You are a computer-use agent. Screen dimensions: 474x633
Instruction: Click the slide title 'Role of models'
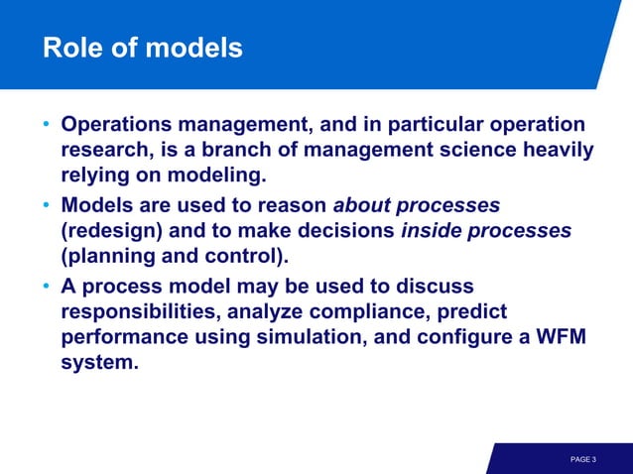click(x=142, y=48)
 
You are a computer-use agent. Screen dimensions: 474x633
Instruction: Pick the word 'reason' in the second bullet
click(x=292, y=205)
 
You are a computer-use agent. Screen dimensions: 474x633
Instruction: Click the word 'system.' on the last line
click(x=99, y=362)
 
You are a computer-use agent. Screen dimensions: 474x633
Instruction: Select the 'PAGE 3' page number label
click(x=583, y=459)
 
